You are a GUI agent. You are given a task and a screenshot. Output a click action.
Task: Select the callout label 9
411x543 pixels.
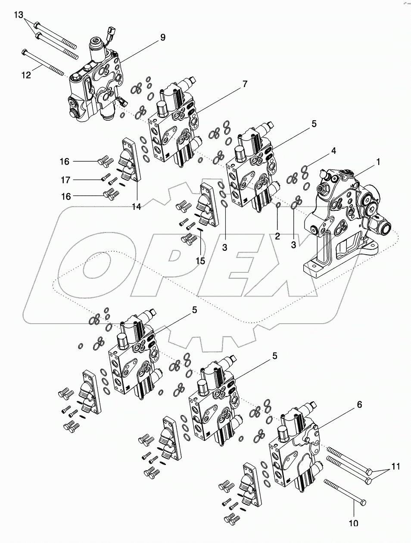point(162,37)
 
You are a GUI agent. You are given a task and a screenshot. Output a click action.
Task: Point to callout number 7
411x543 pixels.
point(245,84)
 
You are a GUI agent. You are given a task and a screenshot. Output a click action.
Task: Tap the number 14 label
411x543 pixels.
point(136,206)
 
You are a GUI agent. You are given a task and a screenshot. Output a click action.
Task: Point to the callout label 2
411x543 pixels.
point(277,236)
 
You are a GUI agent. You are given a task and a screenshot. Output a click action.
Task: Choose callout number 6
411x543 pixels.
point(359,405)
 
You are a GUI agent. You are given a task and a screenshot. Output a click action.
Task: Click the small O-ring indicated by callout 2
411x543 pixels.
point(278,206)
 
